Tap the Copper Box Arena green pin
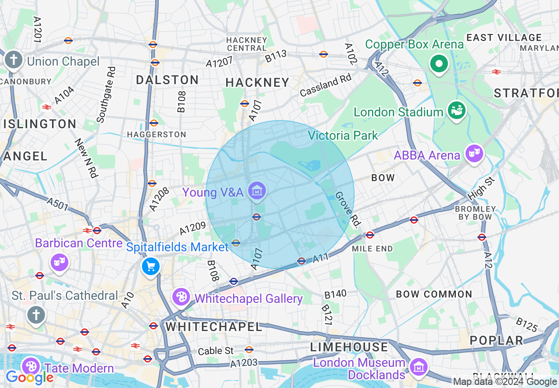(x=439, y=64)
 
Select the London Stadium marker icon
(x=456, y=110)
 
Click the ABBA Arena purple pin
(x=474, y=153)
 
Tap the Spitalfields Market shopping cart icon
(x=151, y=266)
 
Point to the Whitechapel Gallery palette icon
(x=181, y=297)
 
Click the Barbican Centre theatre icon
(x=59, y=262)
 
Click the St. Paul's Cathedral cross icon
(x=36, y=315)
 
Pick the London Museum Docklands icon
(x=417, y=366)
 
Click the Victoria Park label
(x=343, y=135)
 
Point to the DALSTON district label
(x=167, y=80)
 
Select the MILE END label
(x=373, y=249)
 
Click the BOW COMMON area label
(x=434, y=294)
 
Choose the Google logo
(x=29, y=377)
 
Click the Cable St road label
(x=216, y=351)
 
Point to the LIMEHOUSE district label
(x=349, y=347)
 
